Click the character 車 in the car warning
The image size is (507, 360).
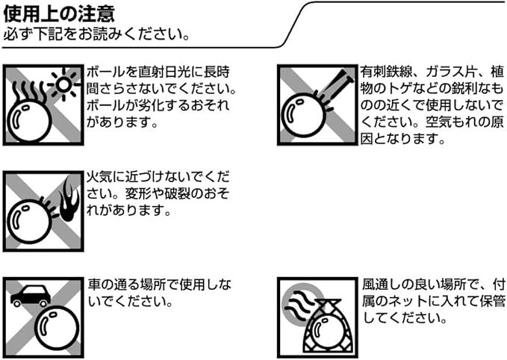94,285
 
